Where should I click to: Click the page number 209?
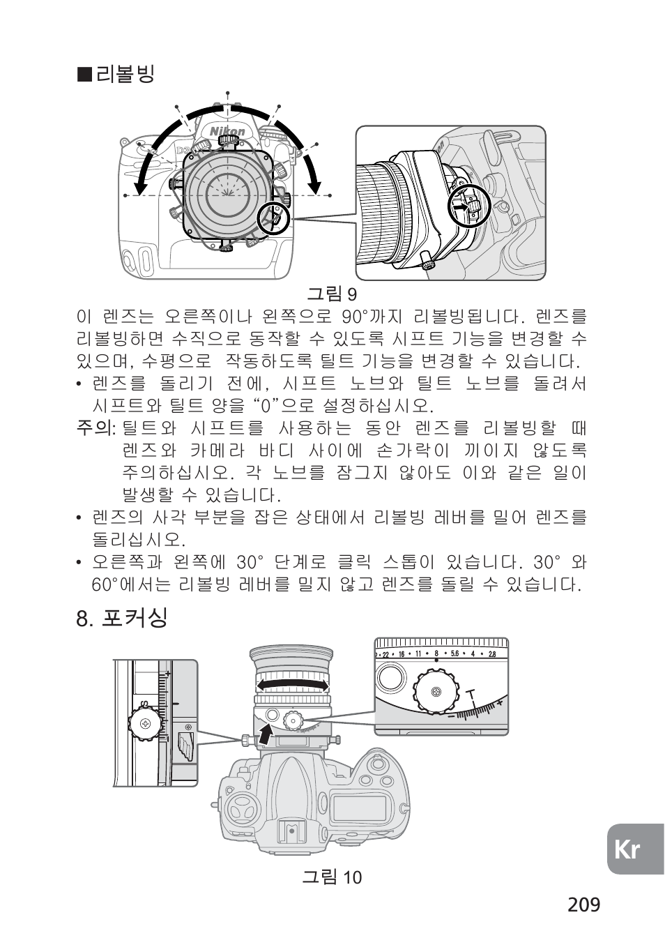click(x=583, y=905)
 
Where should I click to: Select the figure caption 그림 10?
click(x=332, y=877)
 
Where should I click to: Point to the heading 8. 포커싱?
click(x=122, y=617)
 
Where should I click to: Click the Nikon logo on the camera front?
click(x=228, y=130)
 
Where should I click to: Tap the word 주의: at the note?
click(x=95, y=428)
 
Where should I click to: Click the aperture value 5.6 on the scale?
click(x=454, y=654)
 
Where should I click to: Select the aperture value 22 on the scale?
click(x=384, y=654)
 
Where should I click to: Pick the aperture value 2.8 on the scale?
click(x=491, y=654)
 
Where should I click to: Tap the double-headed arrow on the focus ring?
click(x=292, y=686)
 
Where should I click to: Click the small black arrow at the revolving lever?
click(x=459, y=207)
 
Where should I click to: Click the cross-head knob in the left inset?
click(x=146, y=724)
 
